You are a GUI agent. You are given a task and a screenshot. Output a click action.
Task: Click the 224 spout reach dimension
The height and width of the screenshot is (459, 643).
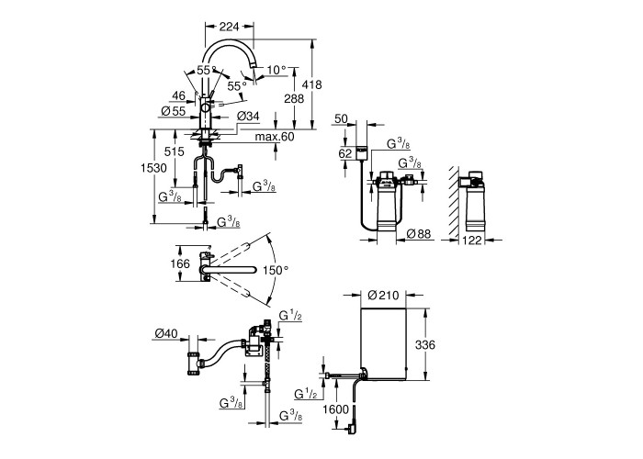tap(230, 27)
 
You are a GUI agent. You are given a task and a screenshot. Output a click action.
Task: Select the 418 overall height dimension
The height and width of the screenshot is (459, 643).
tap(311, 84)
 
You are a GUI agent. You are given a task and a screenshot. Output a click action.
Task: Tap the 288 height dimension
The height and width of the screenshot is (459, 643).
tap(294, 98)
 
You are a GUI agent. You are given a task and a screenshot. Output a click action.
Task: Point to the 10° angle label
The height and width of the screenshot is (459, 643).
tap(276, 70)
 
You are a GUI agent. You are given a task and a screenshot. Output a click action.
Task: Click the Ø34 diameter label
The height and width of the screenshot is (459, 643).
tap(248, 117)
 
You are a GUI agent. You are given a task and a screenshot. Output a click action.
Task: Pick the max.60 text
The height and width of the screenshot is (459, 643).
tap(275, 137)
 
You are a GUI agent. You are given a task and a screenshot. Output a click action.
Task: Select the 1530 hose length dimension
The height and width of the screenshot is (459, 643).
tap(153, 168)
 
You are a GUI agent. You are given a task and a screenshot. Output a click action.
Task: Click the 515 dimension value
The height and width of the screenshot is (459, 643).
tap(175, 151)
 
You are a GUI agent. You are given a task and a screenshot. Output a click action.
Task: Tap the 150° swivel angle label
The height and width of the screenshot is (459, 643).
tap(276, 270)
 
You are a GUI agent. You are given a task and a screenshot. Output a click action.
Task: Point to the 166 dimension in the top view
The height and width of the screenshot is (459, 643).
tap(180, 263)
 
